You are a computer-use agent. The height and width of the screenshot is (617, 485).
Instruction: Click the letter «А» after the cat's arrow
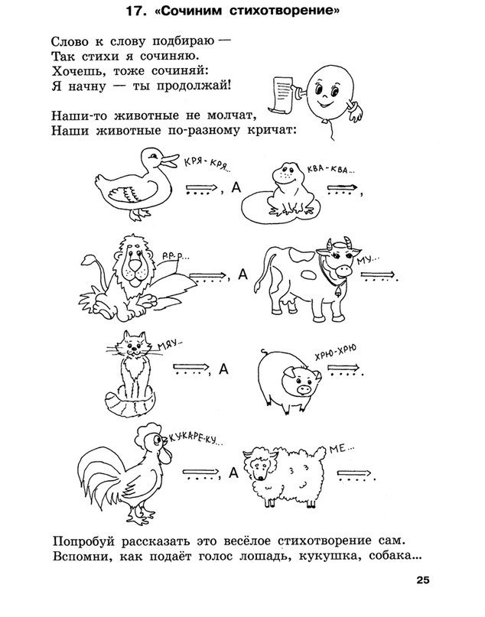(x=224, y=370)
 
